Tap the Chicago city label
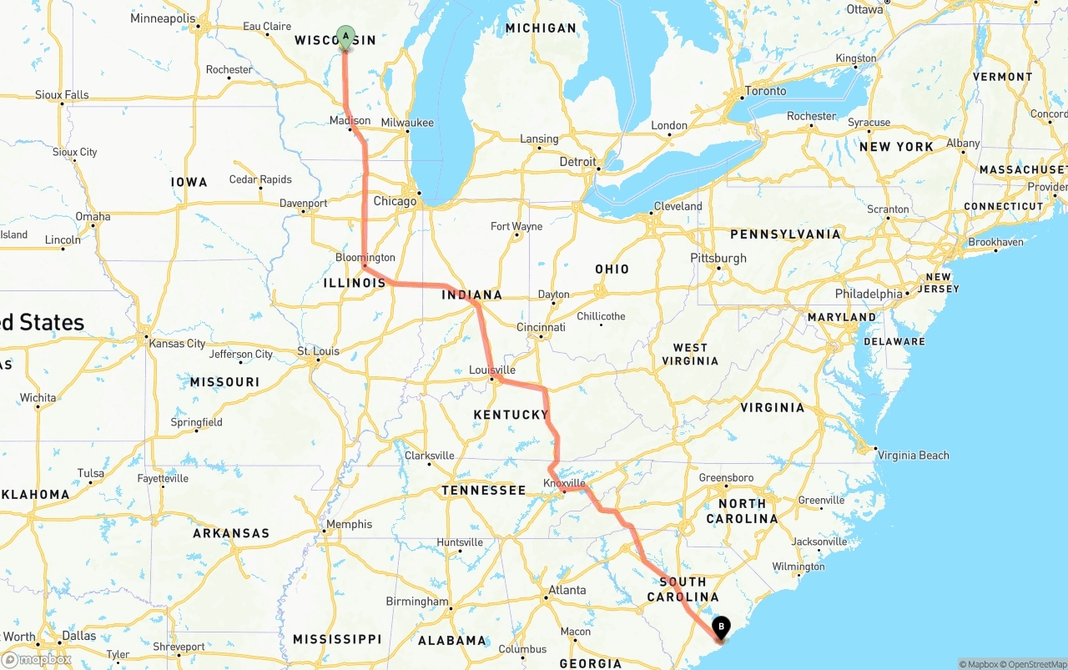coord(395,201)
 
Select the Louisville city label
coord(492,370)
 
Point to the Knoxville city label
coord(565,483)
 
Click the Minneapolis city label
coord(163,18)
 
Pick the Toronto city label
coord(765,91)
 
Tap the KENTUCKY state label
coord(511,415)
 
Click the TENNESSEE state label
coord(483,491)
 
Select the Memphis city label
coord(350,524)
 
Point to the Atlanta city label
coord(567,590)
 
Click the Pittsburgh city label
coord(718,258)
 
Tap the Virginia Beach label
coord(913,455)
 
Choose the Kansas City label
coord(177,343)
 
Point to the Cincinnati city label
coord(541,327)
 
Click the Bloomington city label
coord(365,257)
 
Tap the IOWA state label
coord(189,182)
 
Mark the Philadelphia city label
coord(869,294)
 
